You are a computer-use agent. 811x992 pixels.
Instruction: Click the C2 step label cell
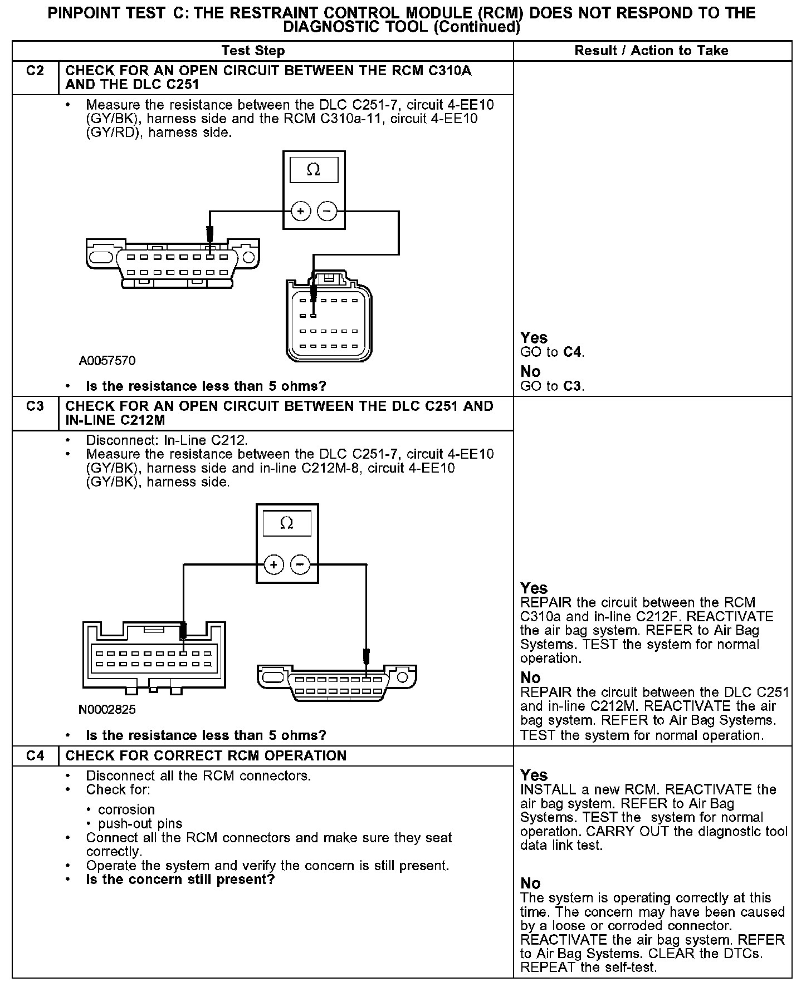click(x=35, y=71)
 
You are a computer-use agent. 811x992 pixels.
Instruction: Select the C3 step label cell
click(x=35, y=406)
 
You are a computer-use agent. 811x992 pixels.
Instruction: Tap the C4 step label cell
click(x=35, y=755)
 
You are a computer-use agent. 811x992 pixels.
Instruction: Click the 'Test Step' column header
click(x=253, y=51)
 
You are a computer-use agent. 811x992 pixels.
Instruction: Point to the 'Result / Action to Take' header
click(x=651, y=51)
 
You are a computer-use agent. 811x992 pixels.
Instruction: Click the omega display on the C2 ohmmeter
click(x=314, y=170)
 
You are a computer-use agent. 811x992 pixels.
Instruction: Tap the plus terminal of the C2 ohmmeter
click(x=301, y=211)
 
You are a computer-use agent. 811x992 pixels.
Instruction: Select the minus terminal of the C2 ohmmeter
click(x=327, y=211)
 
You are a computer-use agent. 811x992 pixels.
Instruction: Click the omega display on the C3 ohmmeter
click(x=287, y=523)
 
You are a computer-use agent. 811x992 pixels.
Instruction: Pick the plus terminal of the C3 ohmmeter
click(x=273, y=565)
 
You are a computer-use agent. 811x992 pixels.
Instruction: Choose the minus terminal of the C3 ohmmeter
click(x=300, y=565)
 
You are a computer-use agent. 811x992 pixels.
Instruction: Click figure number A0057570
click(x=107, y=361)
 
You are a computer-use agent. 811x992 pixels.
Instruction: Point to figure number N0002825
click(x=107, y=710)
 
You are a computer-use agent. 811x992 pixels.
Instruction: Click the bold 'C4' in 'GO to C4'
click(x=573, y=352)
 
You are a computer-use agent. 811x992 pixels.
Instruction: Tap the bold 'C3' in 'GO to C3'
click(x=573, y=386)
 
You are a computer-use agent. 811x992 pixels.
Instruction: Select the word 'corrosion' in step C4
click(x=126, y=809)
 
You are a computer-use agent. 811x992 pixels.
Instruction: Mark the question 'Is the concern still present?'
click(x=180, y=880)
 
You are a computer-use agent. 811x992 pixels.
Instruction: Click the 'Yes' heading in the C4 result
click(x=534, y=775)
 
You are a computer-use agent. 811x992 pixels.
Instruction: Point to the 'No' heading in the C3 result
click(x=530, y=677)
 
